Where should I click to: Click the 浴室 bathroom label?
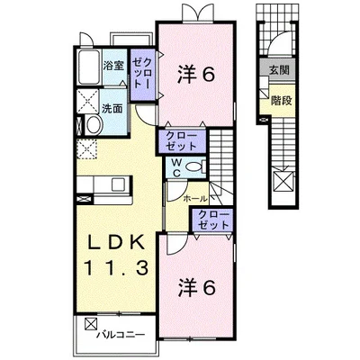pyautogui.click(x=112, y=66)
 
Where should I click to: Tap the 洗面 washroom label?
pyautogui.click(x=112, y=108)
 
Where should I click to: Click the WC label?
pyautogui.click(x=176, y=166)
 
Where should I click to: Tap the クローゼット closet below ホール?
pyautogui.click(x=214, y=219)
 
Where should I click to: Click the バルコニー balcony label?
pyautogui.click(x=121, y=335)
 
